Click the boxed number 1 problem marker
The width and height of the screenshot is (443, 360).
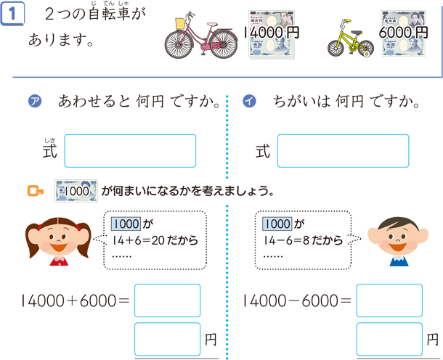tap(12, 13)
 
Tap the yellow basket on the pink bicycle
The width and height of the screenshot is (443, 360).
tap(181, 23)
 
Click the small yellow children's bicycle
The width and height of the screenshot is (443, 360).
tap(350, 38)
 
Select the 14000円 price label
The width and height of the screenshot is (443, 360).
tap(271, 33)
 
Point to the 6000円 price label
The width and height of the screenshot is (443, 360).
tap(403, 33)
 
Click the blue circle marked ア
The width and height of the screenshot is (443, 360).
tap(35, 102)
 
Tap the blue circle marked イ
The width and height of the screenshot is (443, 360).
tap(249, 102)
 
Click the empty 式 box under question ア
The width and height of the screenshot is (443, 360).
tap(130, 151)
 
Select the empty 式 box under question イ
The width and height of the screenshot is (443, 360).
tap(344, 151)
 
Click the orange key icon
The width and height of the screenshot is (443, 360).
tap(36, 191)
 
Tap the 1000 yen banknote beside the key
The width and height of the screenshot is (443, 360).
tap(76, 191)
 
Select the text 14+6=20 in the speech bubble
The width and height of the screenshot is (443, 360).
tap(139, 240)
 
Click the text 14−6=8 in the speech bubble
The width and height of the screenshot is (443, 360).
tap(286, 240)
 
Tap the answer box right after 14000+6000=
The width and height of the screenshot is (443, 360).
tap(168, 300)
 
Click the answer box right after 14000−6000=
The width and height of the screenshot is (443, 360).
tap(389, 300)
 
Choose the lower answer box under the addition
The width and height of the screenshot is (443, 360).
tap(168, 339)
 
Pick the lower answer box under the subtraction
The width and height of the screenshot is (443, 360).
tap(389, 339)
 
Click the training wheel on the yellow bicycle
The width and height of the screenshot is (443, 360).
tap(366, 54)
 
